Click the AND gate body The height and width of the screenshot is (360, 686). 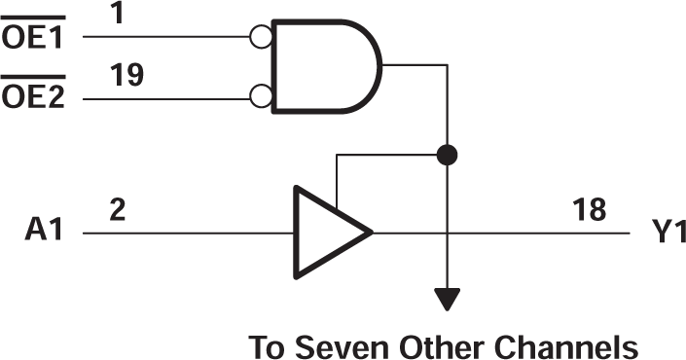[x=326, y=66]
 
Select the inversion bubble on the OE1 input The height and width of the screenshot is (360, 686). [x=259, y=37]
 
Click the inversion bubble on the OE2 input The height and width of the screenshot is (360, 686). [x=259, y=96]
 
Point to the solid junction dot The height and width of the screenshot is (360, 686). [x=447, y=154]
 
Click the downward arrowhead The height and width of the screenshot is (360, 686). [x=447, y=299]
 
